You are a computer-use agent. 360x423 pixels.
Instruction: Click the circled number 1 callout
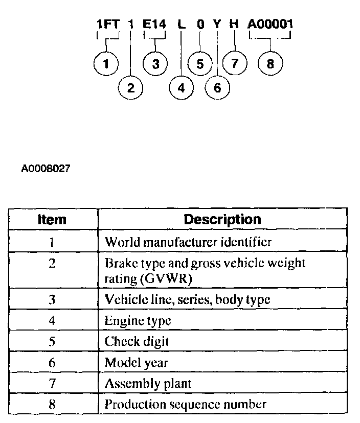(106, 64)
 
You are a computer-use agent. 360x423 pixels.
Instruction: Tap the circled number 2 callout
(130, 87)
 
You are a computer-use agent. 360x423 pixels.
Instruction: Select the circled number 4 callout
(181, 87)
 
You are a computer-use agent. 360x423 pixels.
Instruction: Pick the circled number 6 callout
(217, 87)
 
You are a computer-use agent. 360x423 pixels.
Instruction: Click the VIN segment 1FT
(107, 24)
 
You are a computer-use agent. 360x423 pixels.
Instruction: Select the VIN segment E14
(155, 24)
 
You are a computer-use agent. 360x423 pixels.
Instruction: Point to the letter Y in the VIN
(217, 24)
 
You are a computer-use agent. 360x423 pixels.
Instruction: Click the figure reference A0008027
(46, 169)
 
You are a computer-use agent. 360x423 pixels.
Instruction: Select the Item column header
(52, 220)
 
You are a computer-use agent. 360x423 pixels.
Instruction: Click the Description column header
(222, 220)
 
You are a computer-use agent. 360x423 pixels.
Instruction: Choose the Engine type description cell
(138, 321)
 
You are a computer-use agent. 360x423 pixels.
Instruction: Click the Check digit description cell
(137, 342)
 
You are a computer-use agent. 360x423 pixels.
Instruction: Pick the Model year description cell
(136, 363)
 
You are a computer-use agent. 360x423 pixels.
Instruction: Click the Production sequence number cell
(185, 404)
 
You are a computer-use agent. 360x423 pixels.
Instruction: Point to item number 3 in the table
(52, 300)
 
